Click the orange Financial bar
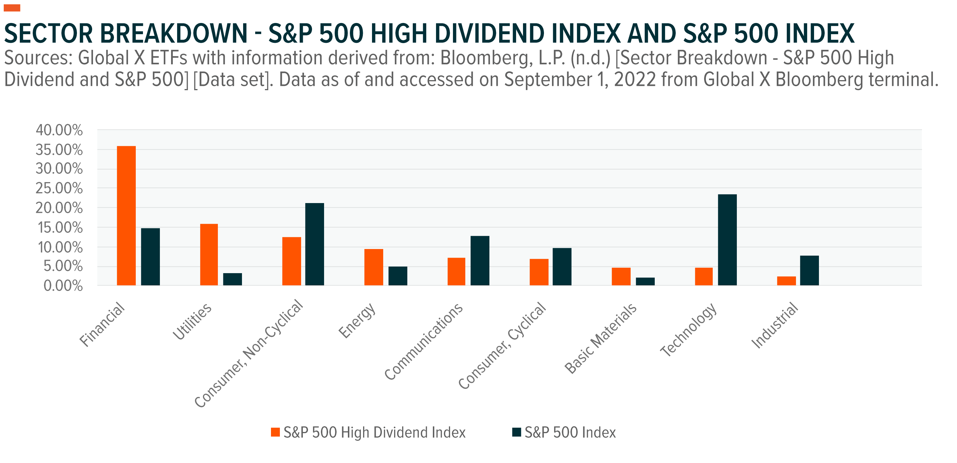pyautogui.click(x=126, y=215)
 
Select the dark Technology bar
pyautogui.click(x=727, y=240)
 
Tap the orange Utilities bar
pyautogui.click(x=209, y=254)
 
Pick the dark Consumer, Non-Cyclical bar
pyautogui.click(x=314, y=244)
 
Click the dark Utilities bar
pyautogui.click(x=232, y=279)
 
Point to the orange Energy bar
pyautogui.click(x=373, y=267)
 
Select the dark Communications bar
pyautogui.click(x=480, y=261)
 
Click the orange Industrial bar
pyautogui.click(x=786, y=281)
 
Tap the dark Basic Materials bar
pyautogui.click(x=645, y=281)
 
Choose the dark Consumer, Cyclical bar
pyautogui.click(x=562, y=267)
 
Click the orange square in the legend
pyautogui.click(x=275, y=432)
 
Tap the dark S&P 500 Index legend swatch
pyautogui.click(x=516, y=432)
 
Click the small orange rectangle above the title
pyautogui.click(x=12, y=8)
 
